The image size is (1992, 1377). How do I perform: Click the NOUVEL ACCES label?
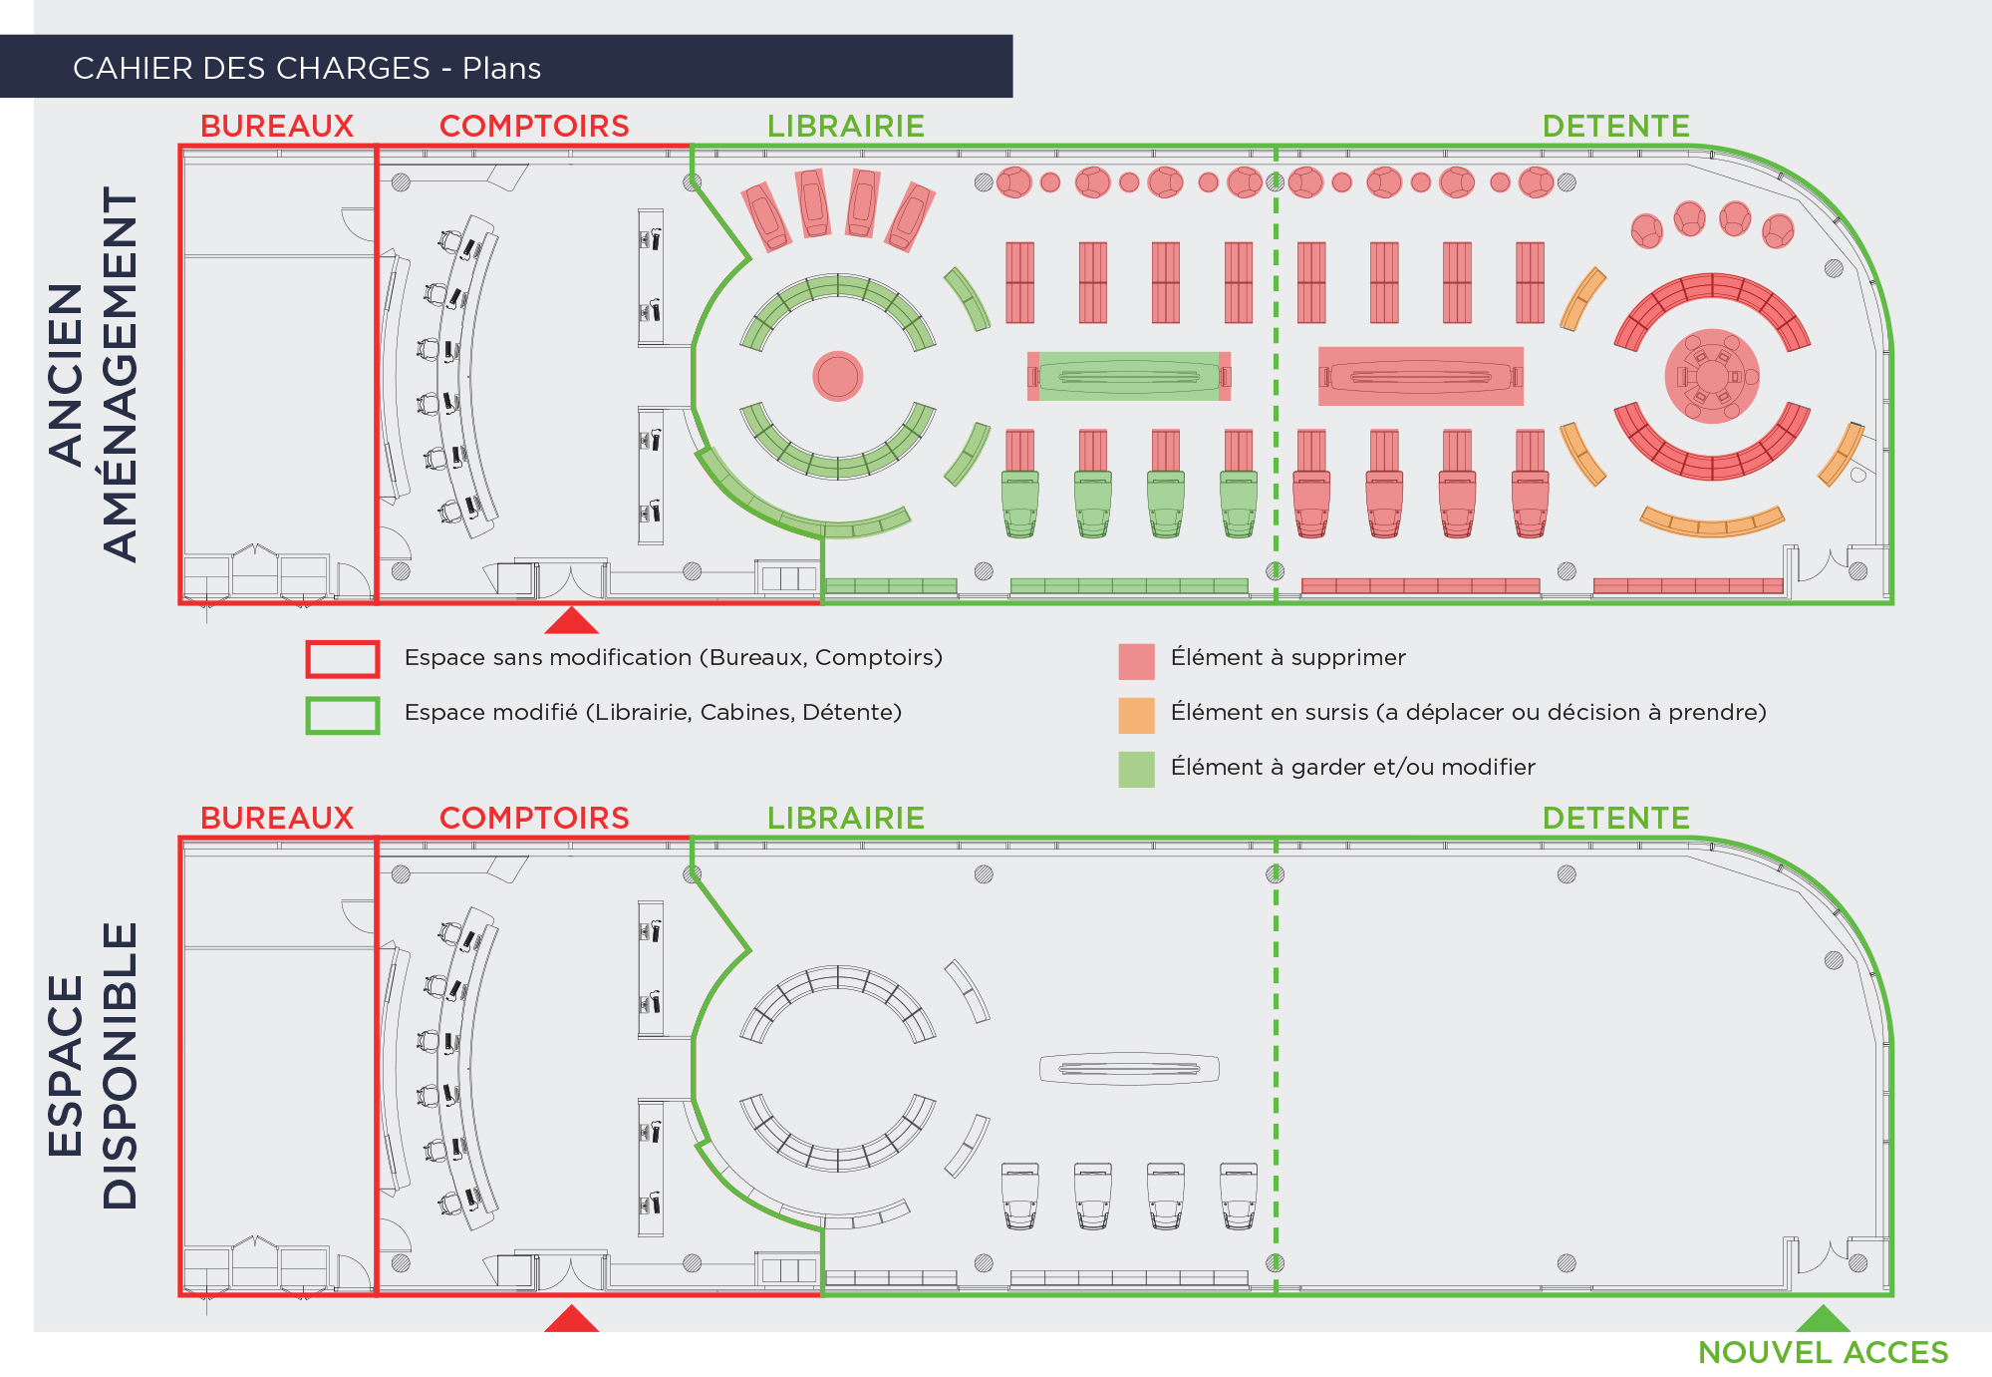1822,1352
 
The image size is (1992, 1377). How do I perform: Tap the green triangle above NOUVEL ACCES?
1822,1320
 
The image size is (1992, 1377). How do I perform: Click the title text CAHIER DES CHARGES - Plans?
307,68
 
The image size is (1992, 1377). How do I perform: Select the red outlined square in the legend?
342,659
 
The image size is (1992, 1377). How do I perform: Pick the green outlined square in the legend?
342,715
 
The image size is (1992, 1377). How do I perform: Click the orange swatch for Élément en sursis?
1136,715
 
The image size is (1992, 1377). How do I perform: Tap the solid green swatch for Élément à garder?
1136,769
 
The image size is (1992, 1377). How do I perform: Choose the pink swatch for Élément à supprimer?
1136,660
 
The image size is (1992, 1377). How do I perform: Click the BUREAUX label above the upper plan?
277,127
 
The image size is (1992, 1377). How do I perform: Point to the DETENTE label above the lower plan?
1615,819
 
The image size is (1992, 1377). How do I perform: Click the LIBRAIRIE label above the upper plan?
845,127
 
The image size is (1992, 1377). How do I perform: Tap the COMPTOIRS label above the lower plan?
534,819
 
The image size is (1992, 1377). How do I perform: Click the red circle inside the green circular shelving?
837,376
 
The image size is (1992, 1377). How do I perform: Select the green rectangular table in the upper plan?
1128,376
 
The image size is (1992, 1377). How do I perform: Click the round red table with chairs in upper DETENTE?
1711,376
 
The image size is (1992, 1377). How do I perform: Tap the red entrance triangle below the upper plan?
571,622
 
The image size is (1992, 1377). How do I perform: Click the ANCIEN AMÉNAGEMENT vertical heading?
93,374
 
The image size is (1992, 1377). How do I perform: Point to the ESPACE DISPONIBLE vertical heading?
93,1065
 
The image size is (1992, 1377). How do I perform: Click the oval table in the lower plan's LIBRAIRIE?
1128,1068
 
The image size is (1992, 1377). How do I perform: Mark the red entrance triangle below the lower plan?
571,1320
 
